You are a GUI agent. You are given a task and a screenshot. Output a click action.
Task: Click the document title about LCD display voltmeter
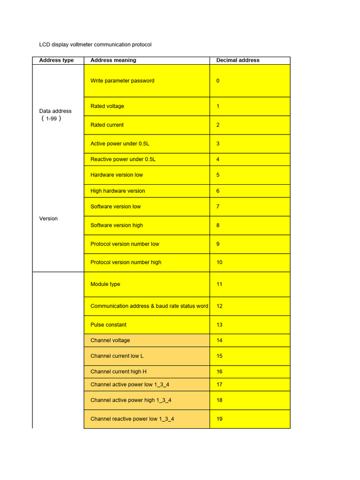(95, 45)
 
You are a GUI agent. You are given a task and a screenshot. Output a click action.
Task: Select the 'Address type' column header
(56, 60)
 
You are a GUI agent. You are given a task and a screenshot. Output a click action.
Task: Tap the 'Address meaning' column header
(113, 60)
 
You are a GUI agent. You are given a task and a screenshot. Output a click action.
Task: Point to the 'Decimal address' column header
(238, 60)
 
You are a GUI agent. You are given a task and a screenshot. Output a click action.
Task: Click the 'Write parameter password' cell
(122, 81)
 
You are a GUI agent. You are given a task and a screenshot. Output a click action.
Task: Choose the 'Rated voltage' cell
(107, 106)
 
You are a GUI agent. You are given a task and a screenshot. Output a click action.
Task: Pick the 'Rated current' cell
(107, 125)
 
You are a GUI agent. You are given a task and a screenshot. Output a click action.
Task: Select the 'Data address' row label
(55, 111)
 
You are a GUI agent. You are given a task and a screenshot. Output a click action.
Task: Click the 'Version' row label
(48, 218)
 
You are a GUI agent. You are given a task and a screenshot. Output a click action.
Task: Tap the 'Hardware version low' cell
(117, 175)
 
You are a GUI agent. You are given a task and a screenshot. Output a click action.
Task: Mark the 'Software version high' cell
(117, 225)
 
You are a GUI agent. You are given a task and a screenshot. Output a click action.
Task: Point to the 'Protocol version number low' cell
(125, 244)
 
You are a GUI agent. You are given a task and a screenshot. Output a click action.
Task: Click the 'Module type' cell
(105, 284)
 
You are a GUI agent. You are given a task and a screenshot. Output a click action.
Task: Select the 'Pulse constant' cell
(108, 324)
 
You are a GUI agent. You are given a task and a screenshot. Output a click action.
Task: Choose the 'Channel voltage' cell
(110, 340)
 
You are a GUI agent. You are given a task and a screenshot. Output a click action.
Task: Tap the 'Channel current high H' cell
(119, 371)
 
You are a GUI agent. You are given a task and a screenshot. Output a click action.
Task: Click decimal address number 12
(219, 306)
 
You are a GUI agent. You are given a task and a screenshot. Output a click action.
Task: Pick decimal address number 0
(218, 81)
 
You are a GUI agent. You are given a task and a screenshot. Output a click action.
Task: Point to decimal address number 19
(219, 419)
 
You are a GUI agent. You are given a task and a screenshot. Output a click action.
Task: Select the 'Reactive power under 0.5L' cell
(123, 159)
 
